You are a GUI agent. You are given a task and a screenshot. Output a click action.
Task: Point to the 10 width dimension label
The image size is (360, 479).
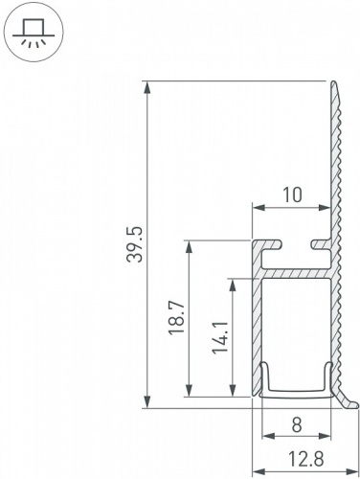pyautogui.click(x=292, y=194)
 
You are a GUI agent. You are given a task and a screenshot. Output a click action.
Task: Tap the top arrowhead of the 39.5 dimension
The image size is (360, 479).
pyautogui.click(x=148, y=87)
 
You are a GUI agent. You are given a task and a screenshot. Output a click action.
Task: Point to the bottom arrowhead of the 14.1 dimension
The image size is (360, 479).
pyautogui.click(x=231, y=392)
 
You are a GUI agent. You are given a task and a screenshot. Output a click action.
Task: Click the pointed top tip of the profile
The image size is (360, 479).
pyautogui.click(x=337, y=83)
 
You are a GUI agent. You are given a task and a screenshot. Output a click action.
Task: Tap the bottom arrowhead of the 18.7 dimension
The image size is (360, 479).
pyautogui.click(x=188, y=392)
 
